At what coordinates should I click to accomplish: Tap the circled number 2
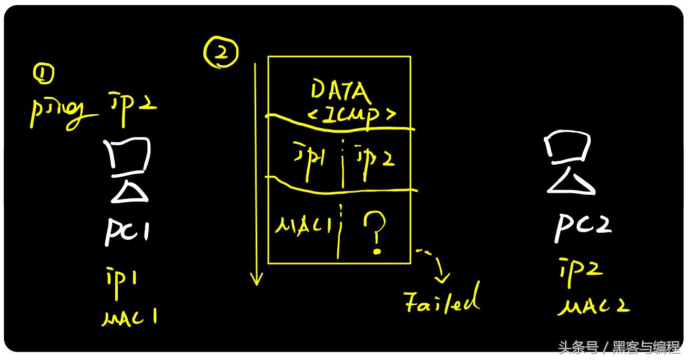tap(221, 54)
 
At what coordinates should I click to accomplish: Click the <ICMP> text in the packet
tap(352, 115)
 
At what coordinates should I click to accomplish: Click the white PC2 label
tap(583, 227)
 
